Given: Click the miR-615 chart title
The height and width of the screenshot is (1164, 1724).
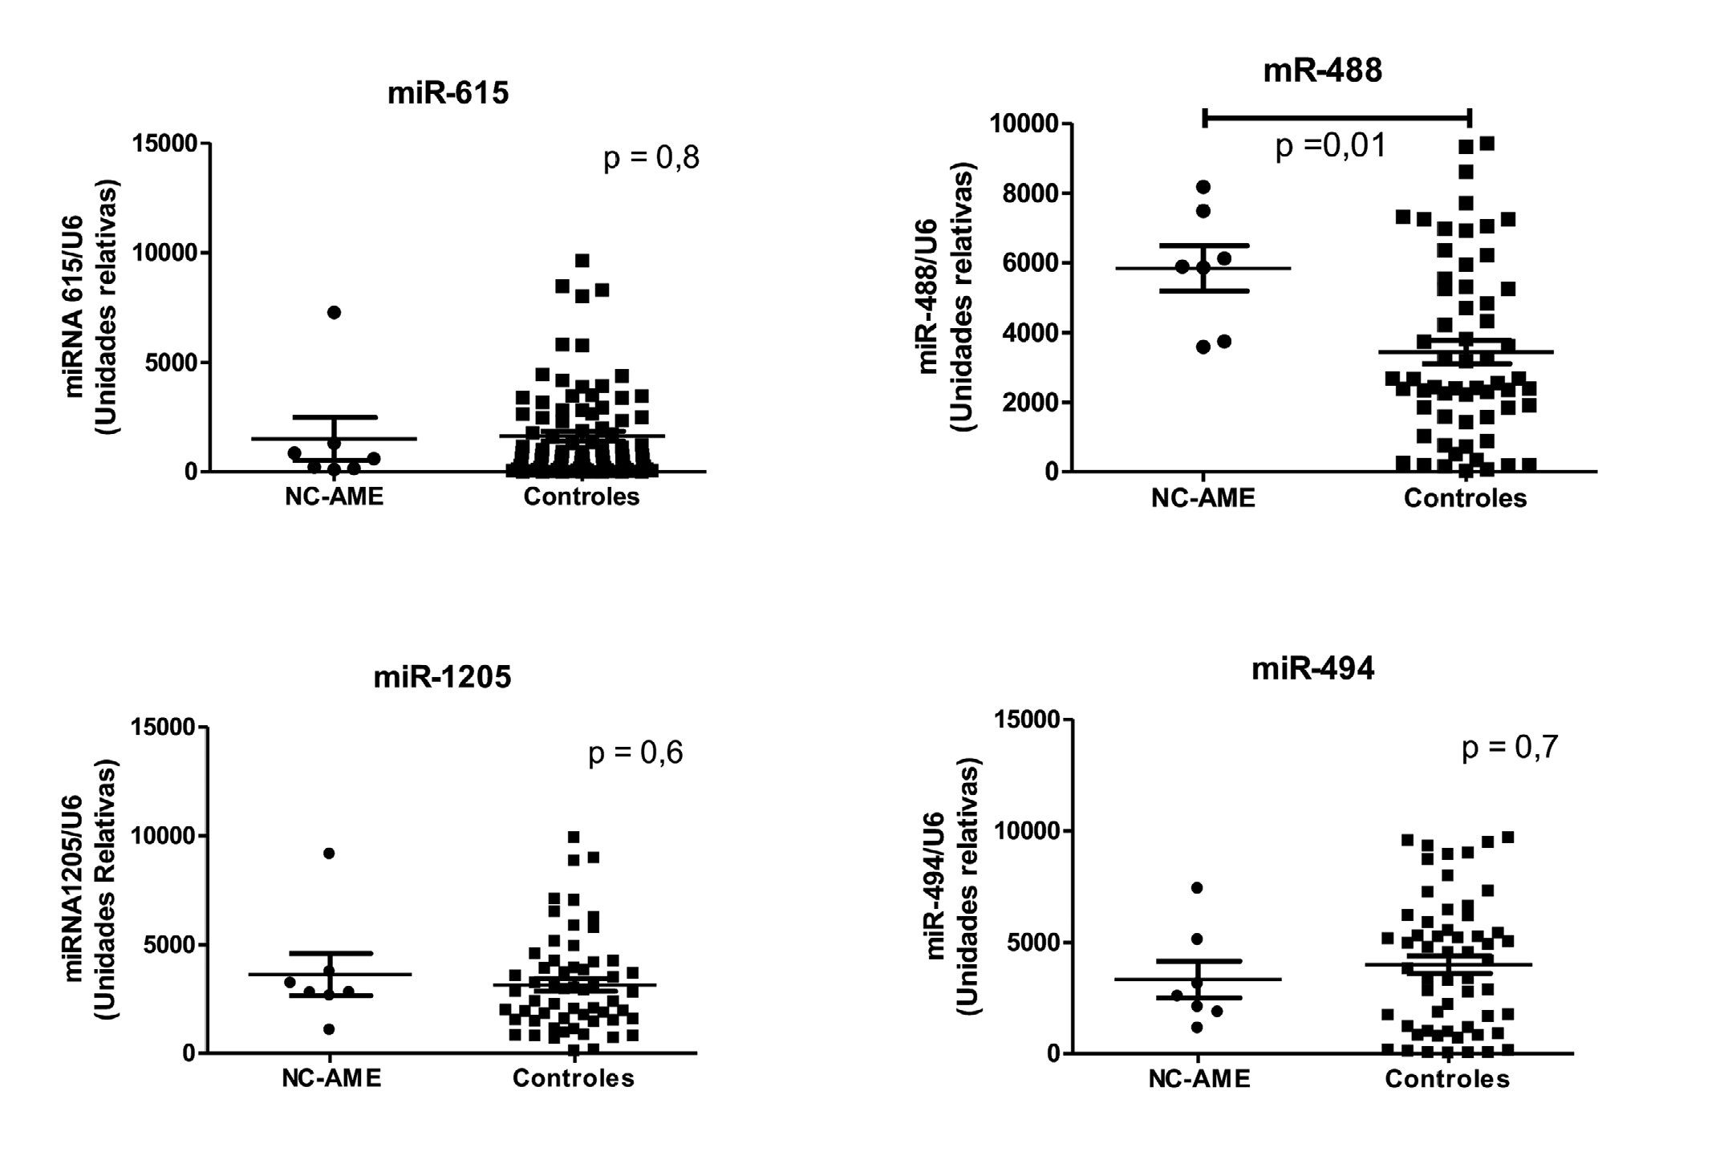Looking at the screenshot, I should (448, 94).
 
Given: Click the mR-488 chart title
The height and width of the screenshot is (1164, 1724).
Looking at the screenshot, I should (1322, 71).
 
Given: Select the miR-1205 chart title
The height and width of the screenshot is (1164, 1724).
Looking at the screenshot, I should (442, 678).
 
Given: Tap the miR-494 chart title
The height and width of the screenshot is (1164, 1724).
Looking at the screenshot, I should (1312, 669).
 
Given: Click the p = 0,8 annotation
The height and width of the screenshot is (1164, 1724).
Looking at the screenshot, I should (651, 157).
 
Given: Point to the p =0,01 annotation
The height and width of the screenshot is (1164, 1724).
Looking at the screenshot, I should (1331, 146).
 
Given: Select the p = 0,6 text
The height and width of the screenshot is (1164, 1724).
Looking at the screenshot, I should (635, 753).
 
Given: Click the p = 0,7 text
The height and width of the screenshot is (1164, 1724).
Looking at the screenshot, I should (1510, 748).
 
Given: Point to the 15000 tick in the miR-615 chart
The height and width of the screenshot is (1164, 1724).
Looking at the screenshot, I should (164, 144).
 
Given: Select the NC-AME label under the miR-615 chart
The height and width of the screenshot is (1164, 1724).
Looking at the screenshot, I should (334, 497).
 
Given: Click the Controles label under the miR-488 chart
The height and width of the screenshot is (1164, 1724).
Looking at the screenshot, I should (1465, 499).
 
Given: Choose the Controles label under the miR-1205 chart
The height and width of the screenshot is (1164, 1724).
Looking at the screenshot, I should (573, 1079).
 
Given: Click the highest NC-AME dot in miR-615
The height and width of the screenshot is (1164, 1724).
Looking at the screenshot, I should (334, 312).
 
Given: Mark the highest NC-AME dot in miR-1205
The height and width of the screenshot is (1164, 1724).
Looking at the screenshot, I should (329, 853).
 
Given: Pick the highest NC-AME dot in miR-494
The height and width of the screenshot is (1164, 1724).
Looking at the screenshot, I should (1197, 887).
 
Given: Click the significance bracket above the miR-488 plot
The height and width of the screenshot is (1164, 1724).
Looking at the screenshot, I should (1337, 119).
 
